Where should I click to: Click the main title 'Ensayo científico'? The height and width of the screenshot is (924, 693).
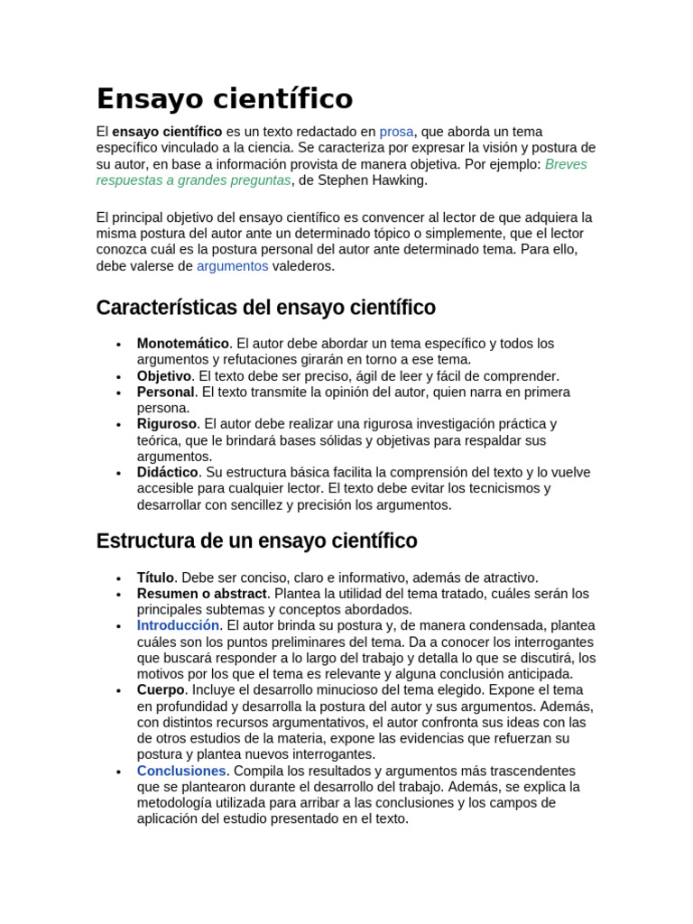225,98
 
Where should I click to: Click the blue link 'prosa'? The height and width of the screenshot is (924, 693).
396,132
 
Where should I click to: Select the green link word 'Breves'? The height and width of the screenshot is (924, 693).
566,164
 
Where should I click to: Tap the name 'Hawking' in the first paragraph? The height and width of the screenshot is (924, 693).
396,180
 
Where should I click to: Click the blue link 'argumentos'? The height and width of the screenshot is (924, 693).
232,266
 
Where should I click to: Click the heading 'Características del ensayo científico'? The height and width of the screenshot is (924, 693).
265,308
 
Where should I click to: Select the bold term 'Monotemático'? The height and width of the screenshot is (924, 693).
182,344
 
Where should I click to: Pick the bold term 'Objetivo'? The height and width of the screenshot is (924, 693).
164,376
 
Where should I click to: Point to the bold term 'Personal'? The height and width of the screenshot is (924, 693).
165,393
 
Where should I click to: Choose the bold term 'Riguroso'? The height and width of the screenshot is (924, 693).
166,424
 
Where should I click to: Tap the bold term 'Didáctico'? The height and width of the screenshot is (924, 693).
167,473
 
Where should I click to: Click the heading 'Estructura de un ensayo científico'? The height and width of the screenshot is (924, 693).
256,541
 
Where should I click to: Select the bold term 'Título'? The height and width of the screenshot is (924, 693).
155,577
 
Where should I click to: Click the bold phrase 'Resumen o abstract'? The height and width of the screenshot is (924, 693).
202,594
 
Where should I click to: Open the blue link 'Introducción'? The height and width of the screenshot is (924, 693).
178,625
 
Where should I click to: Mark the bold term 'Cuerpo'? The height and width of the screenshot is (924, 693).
160,690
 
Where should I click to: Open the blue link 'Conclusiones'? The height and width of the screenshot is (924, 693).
181,772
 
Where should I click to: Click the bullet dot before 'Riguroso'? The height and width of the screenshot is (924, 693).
118,425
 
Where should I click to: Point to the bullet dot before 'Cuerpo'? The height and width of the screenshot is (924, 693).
118,691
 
